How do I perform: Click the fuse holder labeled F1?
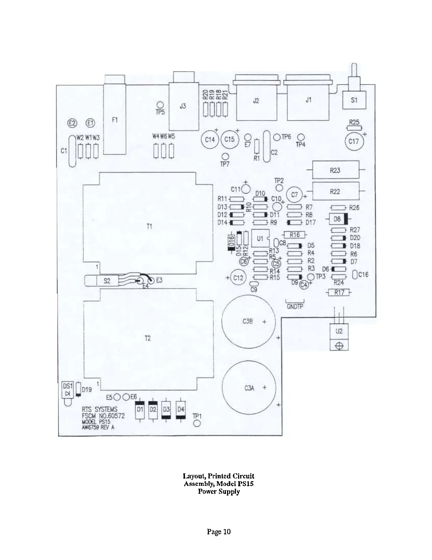115,119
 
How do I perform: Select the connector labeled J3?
182,106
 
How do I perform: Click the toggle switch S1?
354,100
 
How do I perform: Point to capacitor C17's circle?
353,142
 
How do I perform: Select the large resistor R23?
335,170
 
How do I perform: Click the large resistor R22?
335,192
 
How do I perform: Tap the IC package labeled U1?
260,238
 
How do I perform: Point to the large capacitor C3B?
248,321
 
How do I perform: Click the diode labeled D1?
140,409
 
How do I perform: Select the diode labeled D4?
181,409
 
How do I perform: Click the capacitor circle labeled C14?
210,140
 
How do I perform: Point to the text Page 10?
219,532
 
